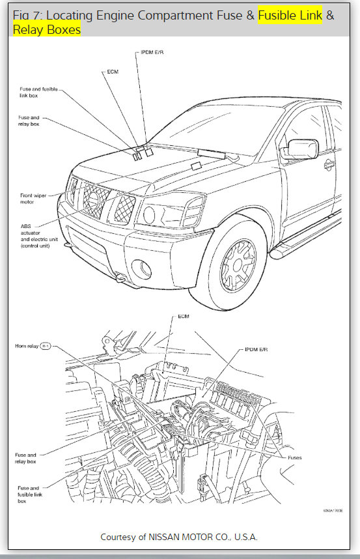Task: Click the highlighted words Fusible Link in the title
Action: tap(290, 15)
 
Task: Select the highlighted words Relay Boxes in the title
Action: tap(46, 30)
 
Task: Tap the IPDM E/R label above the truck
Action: tap(153, 53)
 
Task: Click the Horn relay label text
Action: tap(26, 346)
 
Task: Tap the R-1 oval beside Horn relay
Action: tap(46, 346)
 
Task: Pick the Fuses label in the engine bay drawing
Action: tap(295, 457)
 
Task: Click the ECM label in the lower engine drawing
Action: tap(183, 317)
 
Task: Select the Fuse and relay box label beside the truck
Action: tap(29, 120)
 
